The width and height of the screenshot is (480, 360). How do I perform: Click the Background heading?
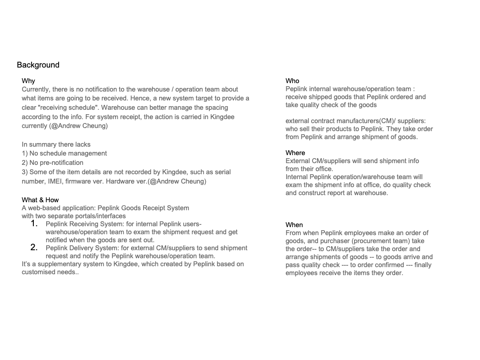pyautogui.click(x=38, y=65)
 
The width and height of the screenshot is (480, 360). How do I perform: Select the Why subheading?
pyautogui.click(x=28, y=81)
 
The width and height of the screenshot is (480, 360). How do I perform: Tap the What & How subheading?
pyautogui.click(x=40, y=200)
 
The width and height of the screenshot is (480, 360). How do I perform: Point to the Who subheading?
pyautogui.click(x=292, y=81)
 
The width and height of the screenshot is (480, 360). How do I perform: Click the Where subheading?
pyautogui.click(x=295, y=153)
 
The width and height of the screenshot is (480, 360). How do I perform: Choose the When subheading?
pyautogui.click(x=294, y=225)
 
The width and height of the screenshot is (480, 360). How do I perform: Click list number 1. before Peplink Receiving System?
pyautogui.click(x=34, y=224)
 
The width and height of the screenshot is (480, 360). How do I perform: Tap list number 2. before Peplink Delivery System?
pyautogui.click(x=34, y=248)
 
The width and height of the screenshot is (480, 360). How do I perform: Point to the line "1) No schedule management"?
pyautogui.click(x=64, y=153)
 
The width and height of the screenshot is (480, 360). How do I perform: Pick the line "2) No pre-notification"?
pyautogui.click(x=52, y=163)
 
